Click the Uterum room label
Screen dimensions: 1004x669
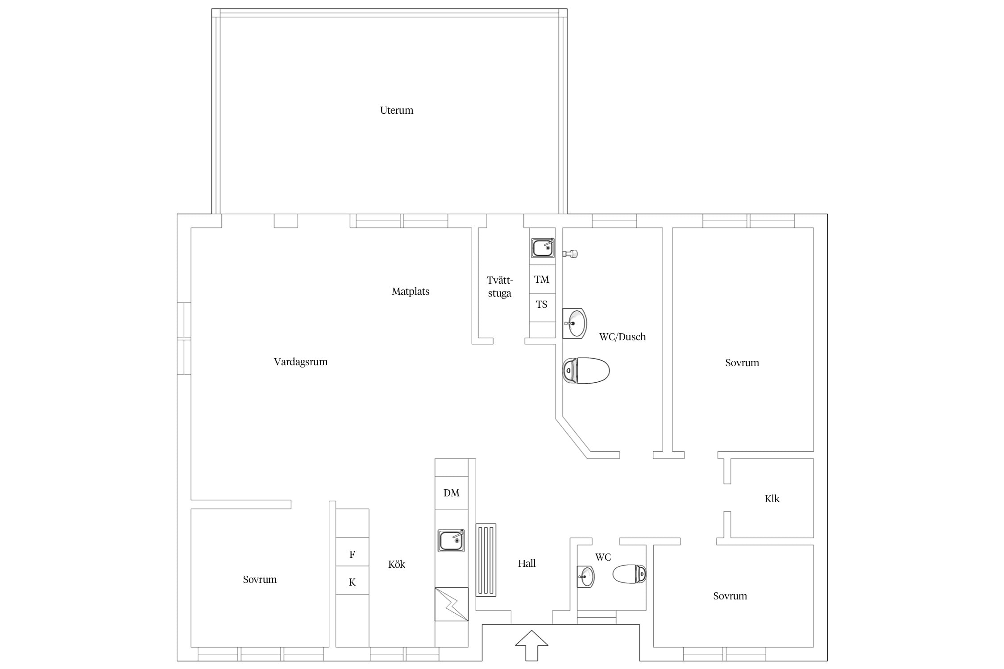[396, 110]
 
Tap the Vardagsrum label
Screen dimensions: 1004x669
[301, 362]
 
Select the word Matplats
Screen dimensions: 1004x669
[411, 292]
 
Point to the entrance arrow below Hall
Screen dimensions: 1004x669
[531, 645]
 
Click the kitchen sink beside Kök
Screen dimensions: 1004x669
[451, 541]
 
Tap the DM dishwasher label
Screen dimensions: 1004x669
[451, 493]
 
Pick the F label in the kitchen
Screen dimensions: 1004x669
[352, 554]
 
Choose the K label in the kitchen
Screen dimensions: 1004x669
[352, 582]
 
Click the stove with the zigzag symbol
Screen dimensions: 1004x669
[452, 604]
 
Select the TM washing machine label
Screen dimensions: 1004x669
[542, 280]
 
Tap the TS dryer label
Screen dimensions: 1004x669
[542, 305]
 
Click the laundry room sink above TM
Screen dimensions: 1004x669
[543, 248]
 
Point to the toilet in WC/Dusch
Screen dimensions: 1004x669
[586, 370]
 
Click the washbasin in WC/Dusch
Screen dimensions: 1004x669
[574, 323]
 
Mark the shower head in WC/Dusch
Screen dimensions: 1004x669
[571, 254]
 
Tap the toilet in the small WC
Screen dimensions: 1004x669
[630, 574]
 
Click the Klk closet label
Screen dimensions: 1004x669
[772, 499]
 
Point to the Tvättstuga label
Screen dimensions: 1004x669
[500, 287]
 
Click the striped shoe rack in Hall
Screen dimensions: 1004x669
[486, 560]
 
